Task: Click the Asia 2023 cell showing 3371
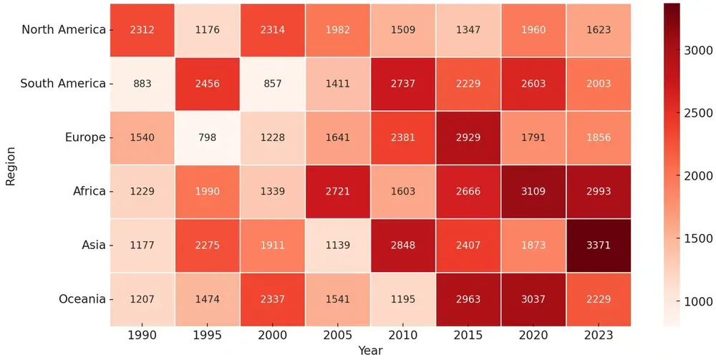(x=599, y=245)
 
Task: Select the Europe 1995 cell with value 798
(x=207, y=137)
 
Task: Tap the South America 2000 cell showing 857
(x=272, y=84)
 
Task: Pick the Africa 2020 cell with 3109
(x=533, y=191)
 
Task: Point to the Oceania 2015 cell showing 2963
(x=468, y=298)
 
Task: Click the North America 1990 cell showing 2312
(x=142, y=30)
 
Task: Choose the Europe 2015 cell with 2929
(x=468, y=137)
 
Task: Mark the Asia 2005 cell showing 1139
(x=337, y=245)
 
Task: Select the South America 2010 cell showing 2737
(x=403, y=84)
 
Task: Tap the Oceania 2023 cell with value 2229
(x=599, y=298)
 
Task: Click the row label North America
(x=64, y=30)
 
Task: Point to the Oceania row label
(x=82, y=298)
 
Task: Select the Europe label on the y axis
(x=84, y=137)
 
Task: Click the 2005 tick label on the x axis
(x=337, y=336)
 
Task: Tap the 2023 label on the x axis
(x=599, y=336)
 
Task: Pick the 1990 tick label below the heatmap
(x=142, y=336)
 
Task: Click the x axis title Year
(x=370, y=351)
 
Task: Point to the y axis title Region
(x=11, y=165)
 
